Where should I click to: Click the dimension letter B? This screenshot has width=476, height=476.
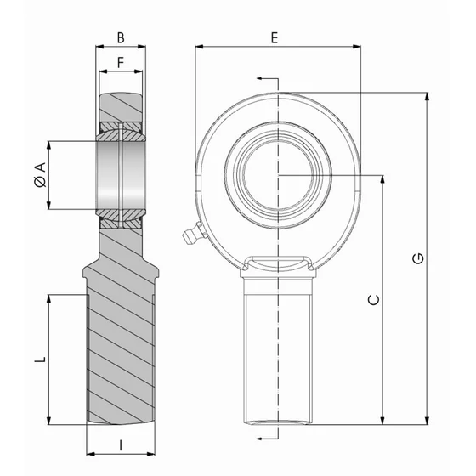click(121, 37)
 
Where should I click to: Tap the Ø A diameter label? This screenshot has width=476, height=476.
click(37, 175)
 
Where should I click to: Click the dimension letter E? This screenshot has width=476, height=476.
click(274, 37)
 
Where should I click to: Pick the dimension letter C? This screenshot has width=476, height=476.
click(371, 299)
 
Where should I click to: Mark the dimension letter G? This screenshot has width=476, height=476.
click(418, 259)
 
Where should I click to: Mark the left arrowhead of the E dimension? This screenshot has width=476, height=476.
click(200, 48)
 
